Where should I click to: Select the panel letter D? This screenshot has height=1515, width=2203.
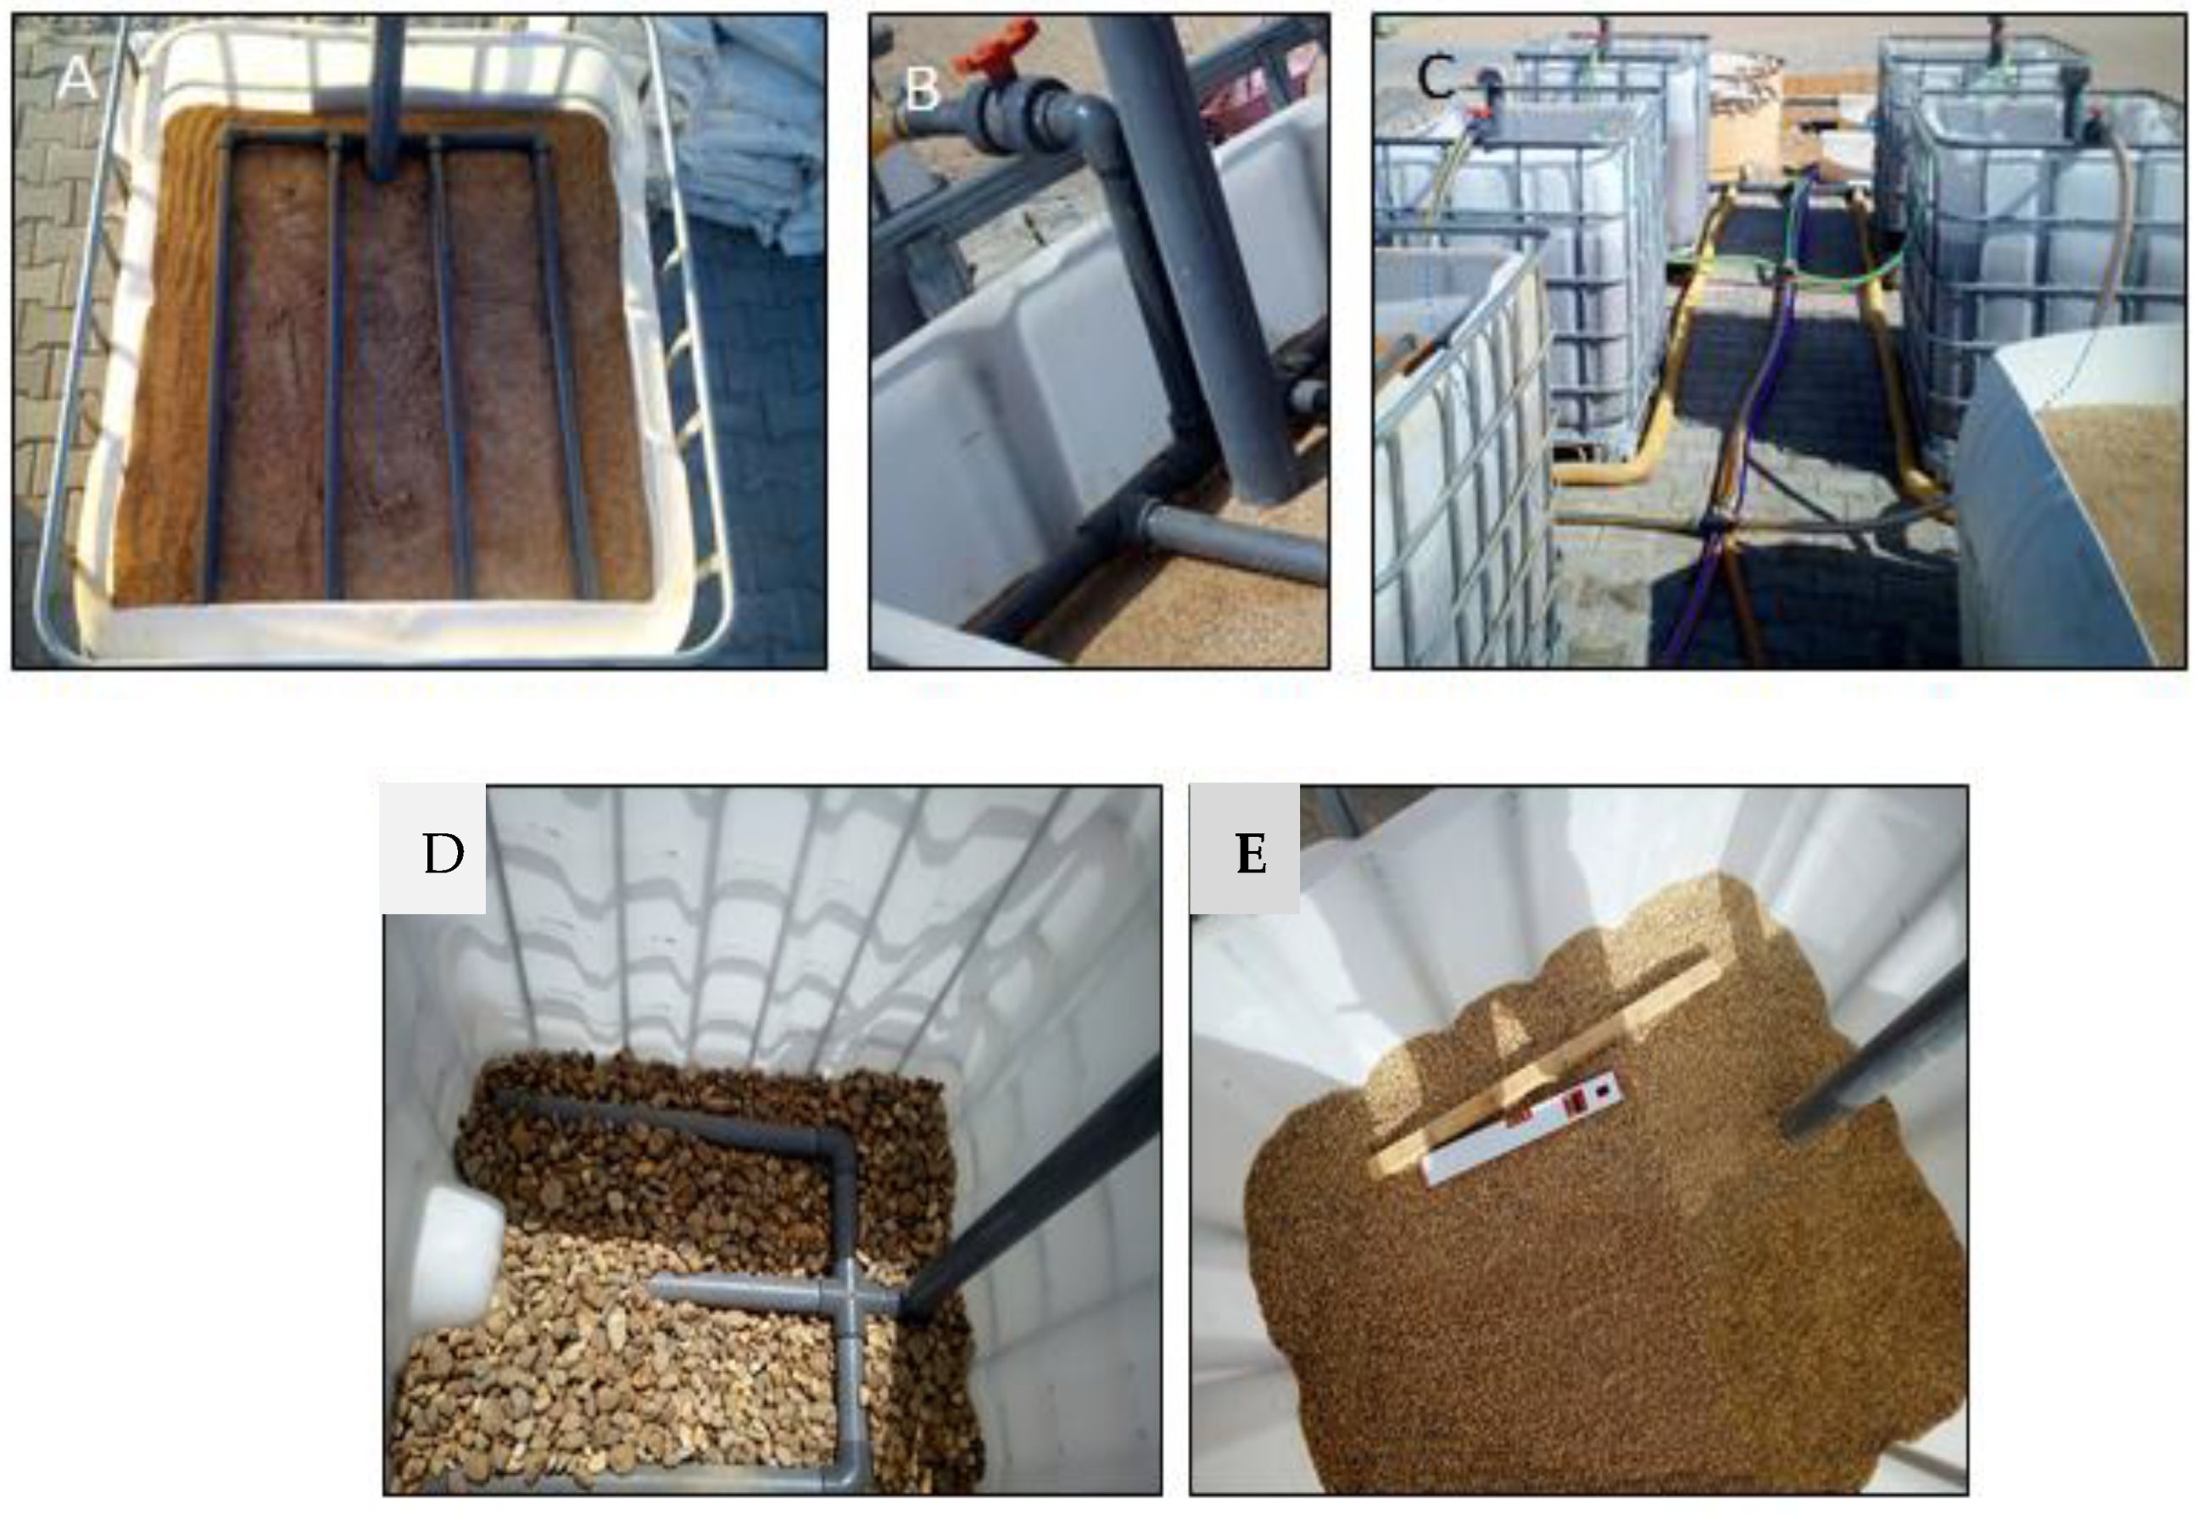coord(443,855)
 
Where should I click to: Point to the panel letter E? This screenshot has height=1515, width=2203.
coord(1251,855)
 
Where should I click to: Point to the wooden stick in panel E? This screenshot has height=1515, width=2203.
coord(1537,1061)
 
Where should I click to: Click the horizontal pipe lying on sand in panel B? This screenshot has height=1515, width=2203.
coord(1234,541)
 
